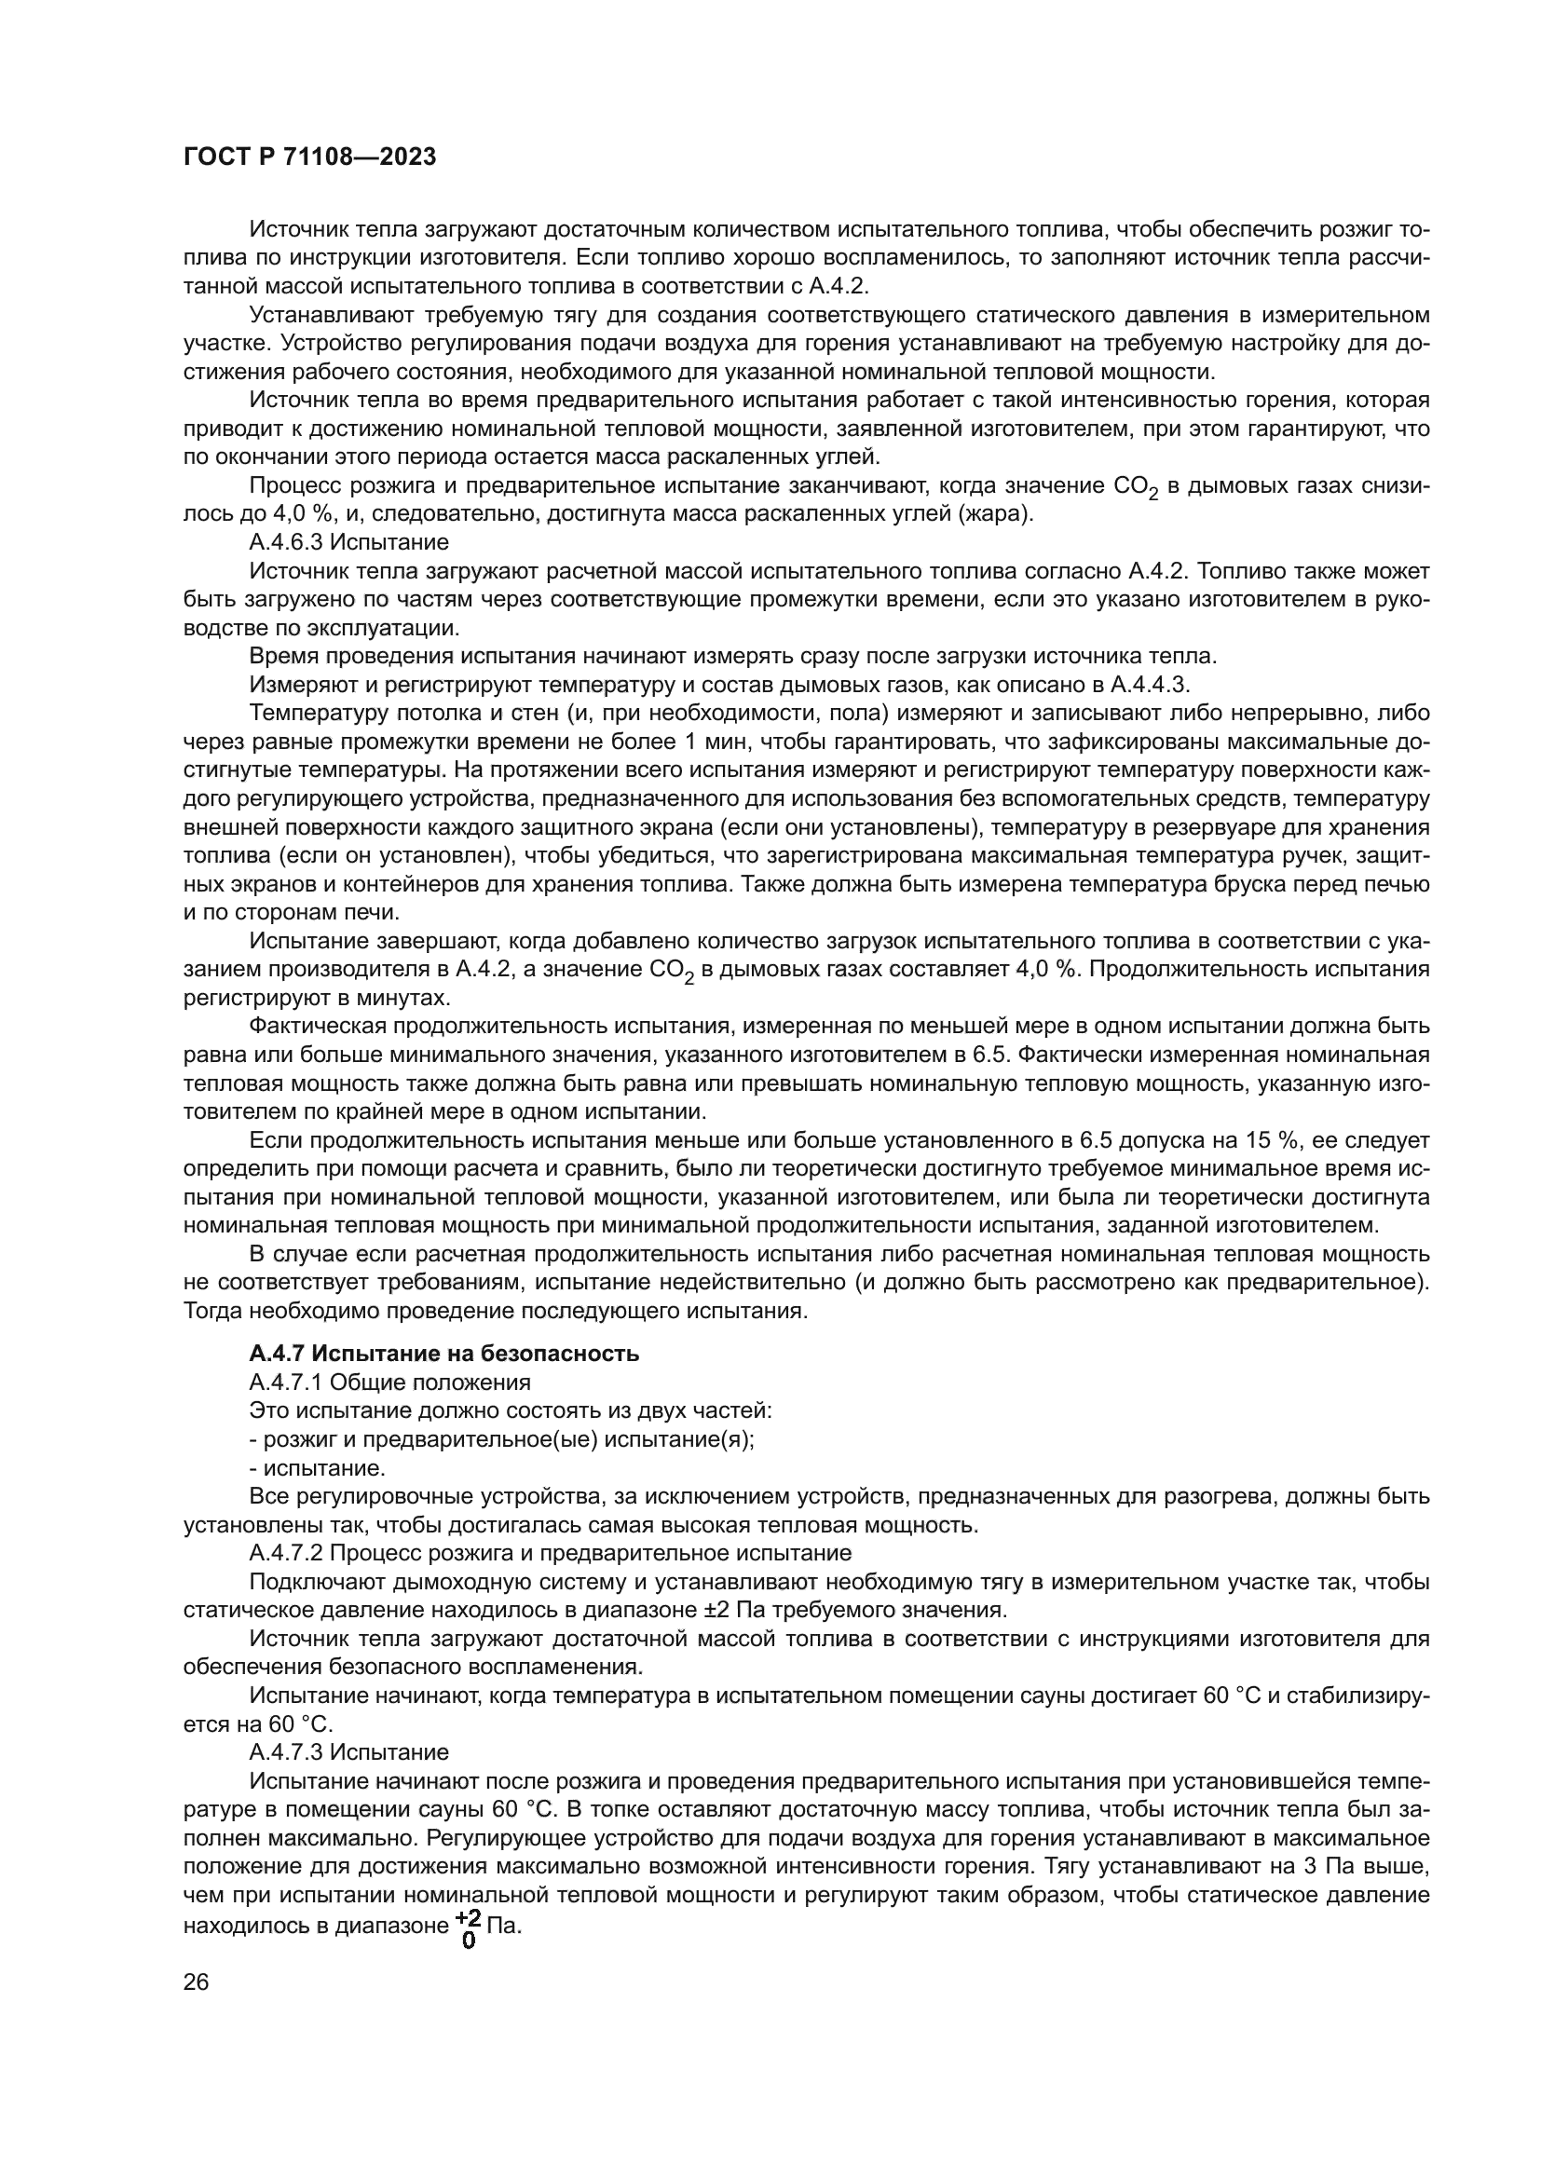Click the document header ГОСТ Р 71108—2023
coord(309,157)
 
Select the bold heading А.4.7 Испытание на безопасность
coord(443,1354)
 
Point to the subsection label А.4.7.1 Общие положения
coord(389,1382)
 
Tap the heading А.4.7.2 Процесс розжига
coord(550,1553)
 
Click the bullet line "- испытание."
coord(317,1467)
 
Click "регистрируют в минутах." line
coord(316,998)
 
